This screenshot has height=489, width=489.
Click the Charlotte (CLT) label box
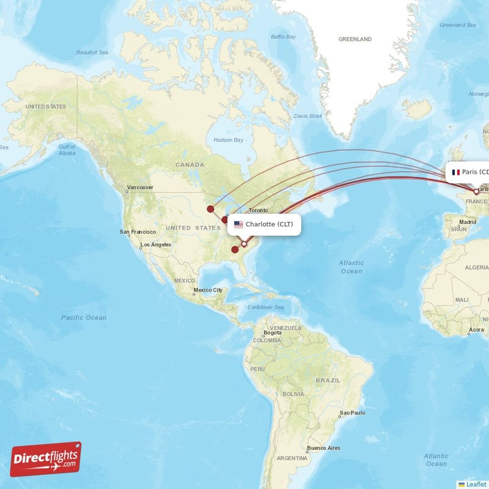(265, 224)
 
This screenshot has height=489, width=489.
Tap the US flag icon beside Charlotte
(238, 224)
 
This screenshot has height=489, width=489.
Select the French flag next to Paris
(455, 172)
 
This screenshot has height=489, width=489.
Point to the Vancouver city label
(140, 187)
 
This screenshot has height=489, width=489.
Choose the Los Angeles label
(156, 245)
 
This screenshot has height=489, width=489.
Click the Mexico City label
(208, 290)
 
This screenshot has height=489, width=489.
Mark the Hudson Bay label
(228, 140)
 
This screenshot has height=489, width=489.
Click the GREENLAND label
(355, 39)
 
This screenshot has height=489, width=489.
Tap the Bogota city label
(272, 333)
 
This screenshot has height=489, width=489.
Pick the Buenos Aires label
(325, 448)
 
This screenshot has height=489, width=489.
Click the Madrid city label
(468, 222)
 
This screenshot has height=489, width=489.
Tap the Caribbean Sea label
(267, 307)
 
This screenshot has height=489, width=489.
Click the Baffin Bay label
(283, 37)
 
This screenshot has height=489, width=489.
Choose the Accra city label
(477, 330)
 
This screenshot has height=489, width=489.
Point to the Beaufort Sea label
(92, 53)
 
